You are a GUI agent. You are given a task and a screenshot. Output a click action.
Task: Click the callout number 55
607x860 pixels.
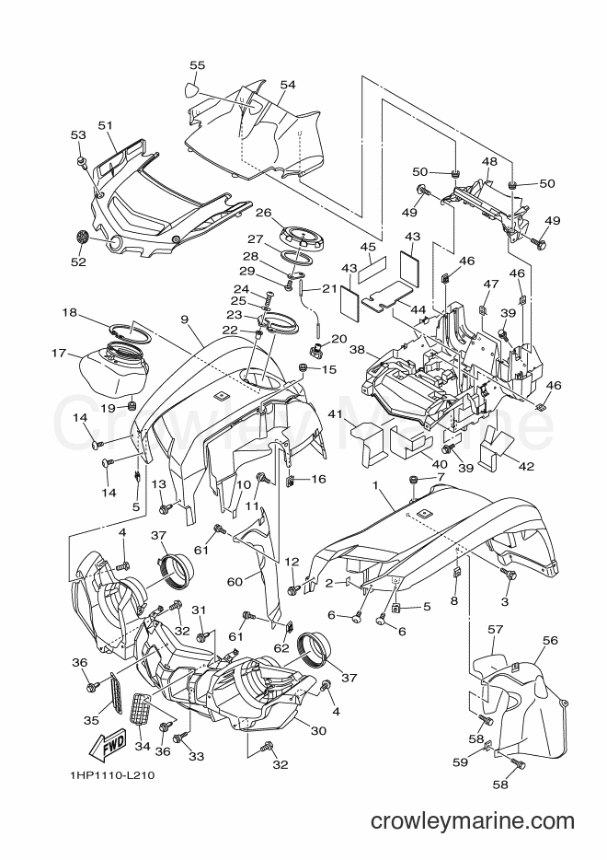[x=197, y=65]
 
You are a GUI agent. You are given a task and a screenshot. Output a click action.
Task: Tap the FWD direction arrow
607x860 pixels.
[x=108, y=744]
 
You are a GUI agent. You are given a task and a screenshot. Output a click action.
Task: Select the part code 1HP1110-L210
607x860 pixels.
[x=112, y=775]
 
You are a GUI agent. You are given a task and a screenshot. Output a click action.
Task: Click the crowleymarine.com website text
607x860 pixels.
[x=472, y=821]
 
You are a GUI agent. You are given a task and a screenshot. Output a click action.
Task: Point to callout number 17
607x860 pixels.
[x=59, y=354]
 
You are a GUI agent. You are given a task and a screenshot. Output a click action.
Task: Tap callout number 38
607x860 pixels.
[x=357, y=349]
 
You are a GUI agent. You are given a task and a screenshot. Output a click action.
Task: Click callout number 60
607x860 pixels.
[x=235, y=581]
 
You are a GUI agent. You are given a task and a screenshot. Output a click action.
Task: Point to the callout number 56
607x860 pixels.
[x=549, y=640]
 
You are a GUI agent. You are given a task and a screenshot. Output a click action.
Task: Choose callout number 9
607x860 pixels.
[x=184, y=318]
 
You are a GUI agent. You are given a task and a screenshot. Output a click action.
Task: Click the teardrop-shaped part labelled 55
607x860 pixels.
[x=191, y=89]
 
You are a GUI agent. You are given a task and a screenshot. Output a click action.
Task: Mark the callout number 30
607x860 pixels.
[x=318, y=730]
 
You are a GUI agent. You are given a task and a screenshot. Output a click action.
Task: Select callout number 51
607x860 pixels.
[x=105, y=125]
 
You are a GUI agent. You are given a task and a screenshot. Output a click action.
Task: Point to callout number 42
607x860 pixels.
[x=526, y=466]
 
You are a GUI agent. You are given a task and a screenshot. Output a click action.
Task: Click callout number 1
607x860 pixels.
[x=376, y=485]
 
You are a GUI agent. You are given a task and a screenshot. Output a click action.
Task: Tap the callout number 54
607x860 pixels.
[x=288, y=85]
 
